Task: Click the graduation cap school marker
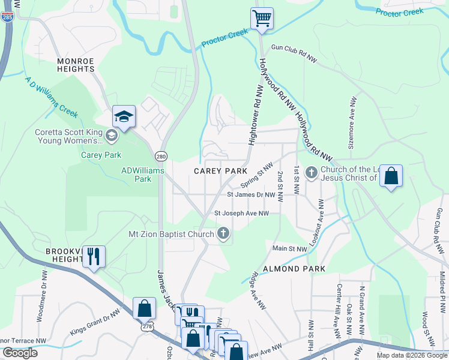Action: [x=124, y=116]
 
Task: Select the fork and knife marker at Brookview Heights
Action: [x=94, y=257]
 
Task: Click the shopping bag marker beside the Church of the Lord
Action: [x=391, y=176]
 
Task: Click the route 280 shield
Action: [x=160, y=156]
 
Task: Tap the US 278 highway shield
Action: [x=147, y=327]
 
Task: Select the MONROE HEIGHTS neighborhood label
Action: [x=76, y=65]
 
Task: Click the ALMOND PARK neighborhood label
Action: [x=293, y=269]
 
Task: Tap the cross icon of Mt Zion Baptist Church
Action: [x=223, y=233]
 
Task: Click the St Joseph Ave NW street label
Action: [x=241, y=213]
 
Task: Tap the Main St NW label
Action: [x=289, y=248]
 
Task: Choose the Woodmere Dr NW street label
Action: [x=43, y=296]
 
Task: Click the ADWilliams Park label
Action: [x=136, y=175]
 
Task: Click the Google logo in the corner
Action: [x=20, y=353]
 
